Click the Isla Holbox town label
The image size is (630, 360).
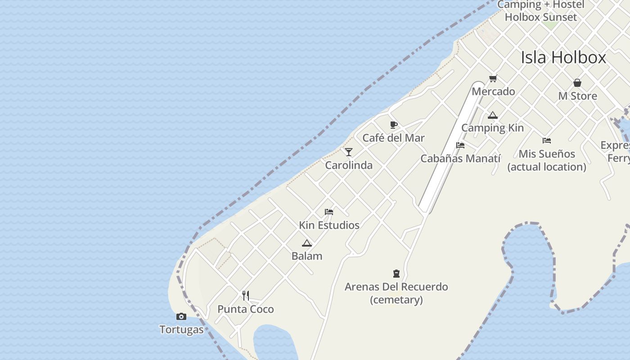[563, 58]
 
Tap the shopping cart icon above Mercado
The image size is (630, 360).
[493, 79]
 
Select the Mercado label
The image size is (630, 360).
[493, 91]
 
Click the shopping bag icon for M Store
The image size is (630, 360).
[577, 83]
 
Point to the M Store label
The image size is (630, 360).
[577, 96]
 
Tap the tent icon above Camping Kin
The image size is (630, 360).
[493, 115]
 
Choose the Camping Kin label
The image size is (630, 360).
[492, 128]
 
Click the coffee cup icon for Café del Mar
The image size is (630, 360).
[394, 125]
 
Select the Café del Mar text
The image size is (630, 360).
[393, 138]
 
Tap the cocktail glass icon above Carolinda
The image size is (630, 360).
[349, 152]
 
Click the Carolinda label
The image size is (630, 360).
[349, 165]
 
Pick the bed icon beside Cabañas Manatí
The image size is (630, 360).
[460, 145]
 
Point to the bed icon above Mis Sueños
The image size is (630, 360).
[547, 141]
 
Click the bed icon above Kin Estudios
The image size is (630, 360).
[329, 212]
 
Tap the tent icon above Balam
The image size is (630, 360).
[307, 243]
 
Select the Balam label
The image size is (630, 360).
[307, 256]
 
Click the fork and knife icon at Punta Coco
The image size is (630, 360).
[246, 296]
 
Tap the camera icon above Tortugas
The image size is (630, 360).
[181, 317]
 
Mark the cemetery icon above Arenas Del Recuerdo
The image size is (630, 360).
[396, 274]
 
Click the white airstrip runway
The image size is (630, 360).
[450, 148]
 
